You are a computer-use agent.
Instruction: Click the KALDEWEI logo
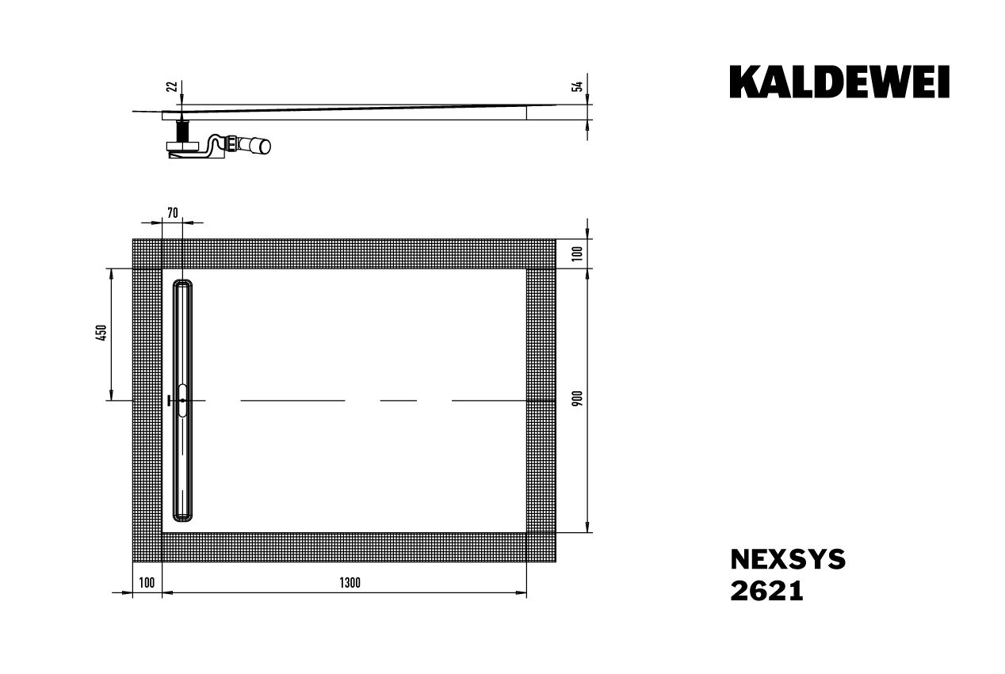tap(839, 82)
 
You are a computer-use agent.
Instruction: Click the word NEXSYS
tap(787, 560)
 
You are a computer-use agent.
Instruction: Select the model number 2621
tap(766, 591)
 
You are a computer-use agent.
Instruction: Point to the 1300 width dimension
tap(350, 583)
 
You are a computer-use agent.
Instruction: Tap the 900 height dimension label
tap(577, 400)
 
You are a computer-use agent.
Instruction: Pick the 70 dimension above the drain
tap(172, 211)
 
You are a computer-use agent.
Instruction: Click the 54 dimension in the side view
tap(577, 86)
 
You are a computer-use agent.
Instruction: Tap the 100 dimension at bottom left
tap(146, 583)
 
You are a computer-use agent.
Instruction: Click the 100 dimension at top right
tap(577, 253)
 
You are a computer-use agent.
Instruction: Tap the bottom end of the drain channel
tap(182, 516)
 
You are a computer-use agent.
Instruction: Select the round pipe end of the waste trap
tap(262, 146)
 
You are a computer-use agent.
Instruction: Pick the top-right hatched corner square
tap(541, 253)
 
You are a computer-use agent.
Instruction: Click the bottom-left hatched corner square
tap(147, 547)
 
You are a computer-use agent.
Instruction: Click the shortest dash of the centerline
tap(398, 401)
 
